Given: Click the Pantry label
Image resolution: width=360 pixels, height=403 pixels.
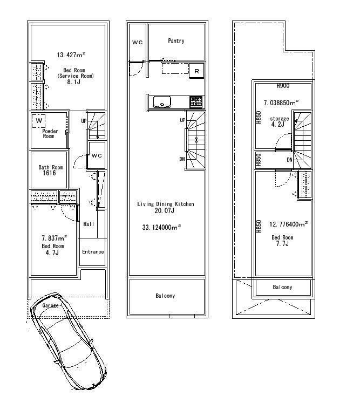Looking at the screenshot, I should (x=176, y=41).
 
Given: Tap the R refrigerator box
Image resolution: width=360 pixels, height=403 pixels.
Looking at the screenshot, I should (x=196, y=71).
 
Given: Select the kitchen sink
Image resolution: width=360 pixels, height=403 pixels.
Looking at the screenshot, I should (x=161, y=101).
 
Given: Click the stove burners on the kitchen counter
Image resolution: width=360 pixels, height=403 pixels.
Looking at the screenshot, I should (x=195, y=101).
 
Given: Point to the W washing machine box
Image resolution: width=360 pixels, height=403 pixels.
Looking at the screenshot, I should (x=39, y=121).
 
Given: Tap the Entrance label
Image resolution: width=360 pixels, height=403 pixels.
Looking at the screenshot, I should (x=93, y=252).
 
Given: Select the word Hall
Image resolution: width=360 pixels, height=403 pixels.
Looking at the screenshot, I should (x=89, y=224).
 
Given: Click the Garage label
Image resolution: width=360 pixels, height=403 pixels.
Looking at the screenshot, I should (x=51, y=306).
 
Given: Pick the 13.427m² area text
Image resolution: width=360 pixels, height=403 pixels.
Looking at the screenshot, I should (x=72, y=54).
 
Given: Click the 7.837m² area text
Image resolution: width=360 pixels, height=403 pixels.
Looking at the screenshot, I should (x=55, y=237).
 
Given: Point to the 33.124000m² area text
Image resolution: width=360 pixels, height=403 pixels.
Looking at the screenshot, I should (x=161, y=228).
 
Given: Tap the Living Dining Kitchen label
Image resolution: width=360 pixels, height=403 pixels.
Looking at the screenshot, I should (x=165, y=204).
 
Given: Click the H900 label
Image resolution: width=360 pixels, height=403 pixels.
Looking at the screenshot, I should (x=283, y=86).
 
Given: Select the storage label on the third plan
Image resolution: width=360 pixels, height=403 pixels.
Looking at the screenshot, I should (x=279, y=119).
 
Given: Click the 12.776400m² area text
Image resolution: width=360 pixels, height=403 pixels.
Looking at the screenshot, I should (x=288, y=224).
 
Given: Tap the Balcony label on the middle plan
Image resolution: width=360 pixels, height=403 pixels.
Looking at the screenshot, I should (x=165, y=296).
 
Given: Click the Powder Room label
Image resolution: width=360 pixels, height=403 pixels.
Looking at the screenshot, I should (x=49, y=134).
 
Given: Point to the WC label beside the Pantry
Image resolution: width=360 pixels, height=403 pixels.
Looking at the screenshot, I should (x=137, y=43).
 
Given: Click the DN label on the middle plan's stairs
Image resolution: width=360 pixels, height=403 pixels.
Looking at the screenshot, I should (x=182, y=159).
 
